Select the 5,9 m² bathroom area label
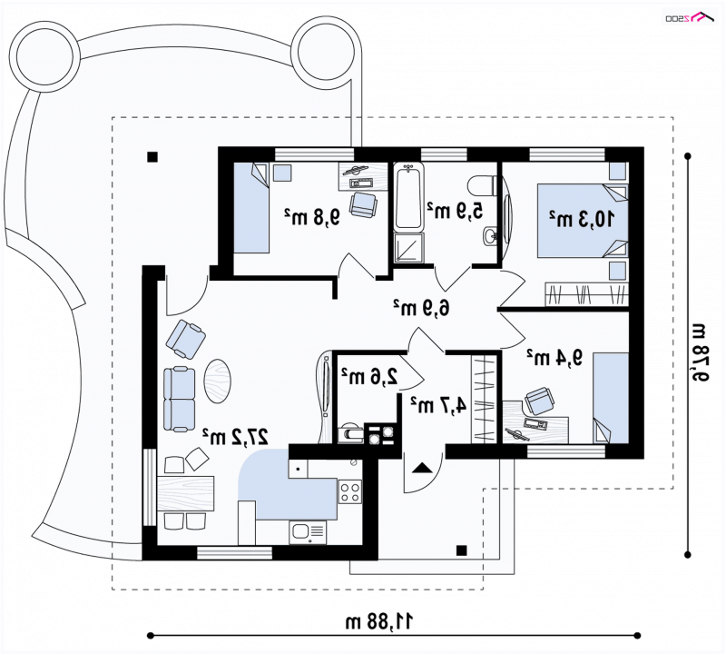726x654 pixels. [x=455, y=211]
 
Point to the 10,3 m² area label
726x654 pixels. [x=583, y=219]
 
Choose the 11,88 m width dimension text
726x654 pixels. [x=379, y=621]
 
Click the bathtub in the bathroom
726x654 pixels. [x=408, y=196]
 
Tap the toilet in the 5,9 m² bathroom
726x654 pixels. [x=482, y=186]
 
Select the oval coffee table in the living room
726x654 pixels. [x=217, y=381]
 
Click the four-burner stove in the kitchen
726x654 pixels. [x=349, y=492]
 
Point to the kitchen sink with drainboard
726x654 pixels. [x=308, y=532]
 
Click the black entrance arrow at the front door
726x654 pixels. [x=421, y=468]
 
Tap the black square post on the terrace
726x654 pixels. [x=152, y=157]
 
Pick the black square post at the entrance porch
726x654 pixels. [x=461, y=550]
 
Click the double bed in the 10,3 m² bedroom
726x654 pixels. [x=583, y=221]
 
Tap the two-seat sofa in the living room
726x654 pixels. [x=179, y=399]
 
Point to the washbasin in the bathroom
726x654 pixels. [x=490, y=235]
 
